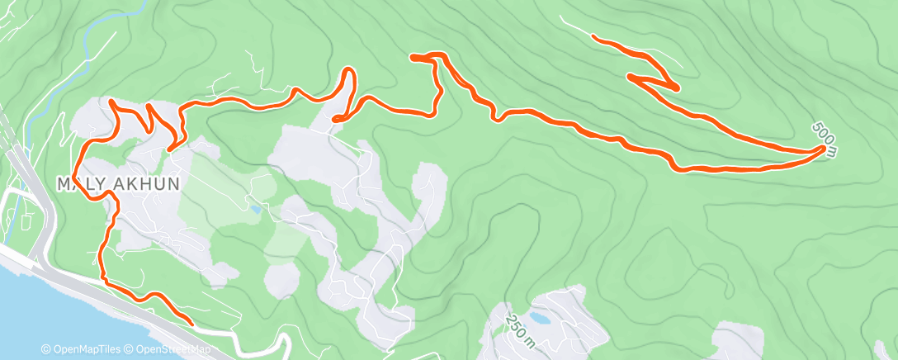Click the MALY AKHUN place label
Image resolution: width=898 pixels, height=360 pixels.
click(117, 183)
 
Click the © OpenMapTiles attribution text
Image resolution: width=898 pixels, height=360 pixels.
click(82, 349)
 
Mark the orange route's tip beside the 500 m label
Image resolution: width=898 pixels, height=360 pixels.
click(823, 149)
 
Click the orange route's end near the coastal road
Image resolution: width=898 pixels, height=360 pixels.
click(191, 324)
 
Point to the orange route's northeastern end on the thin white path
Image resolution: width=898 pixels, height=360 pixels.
click(593, 36)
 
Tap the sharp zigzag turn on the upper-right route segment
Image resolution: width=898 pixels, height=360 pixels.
click(676, 88)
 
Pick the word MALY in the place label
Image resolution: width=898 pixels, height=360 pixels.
click(78, 183)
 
